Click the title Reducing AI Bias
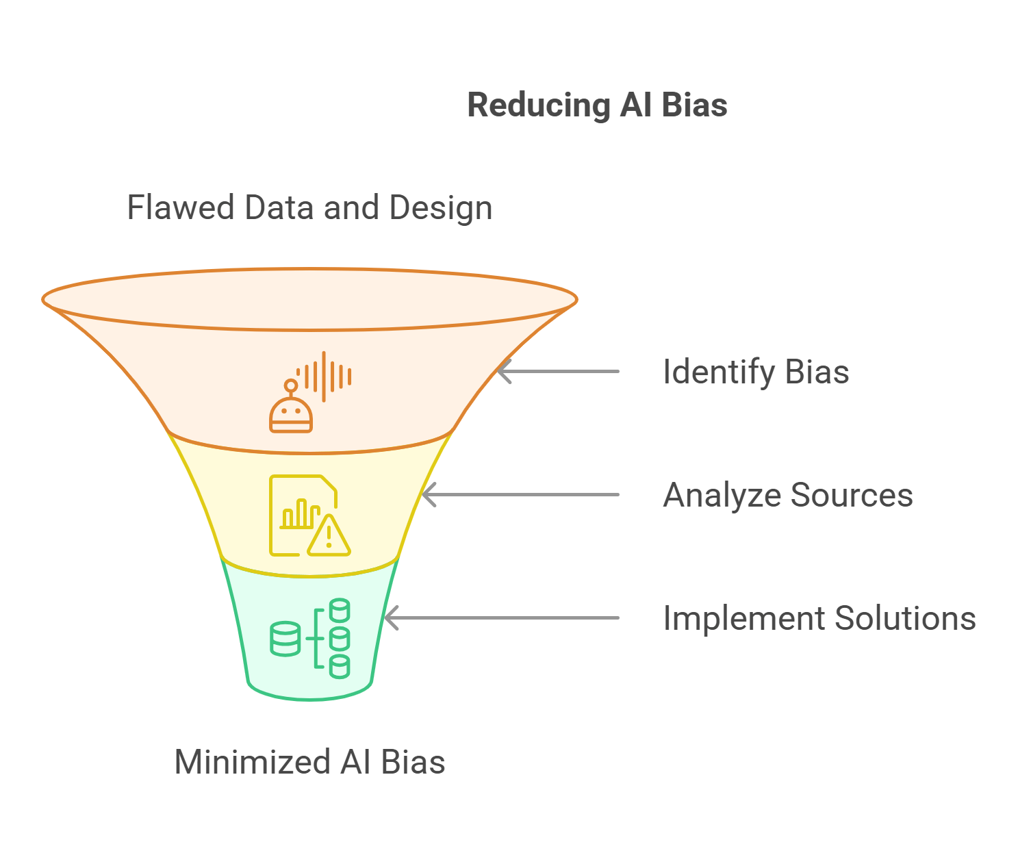coord(597,105)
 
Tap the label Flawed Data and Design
coord(309,207)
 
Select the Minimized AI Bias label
coord(309,762)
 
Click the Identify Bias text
coord(756,372)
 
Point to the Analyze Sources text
coord(788,495)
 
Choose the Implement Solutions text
coord(819,618)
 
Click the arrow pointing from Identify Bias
coord(557,372)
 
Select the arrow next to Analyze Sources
coord(520,495)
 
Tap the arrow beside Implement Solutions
coord(502,618)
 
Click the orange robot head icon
coord(291,415)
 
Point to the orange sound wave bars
coord(326,377)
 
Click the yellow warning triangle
coord(329,537)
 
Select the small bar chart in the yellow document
coord(301,514)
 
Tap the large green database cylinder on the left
coord(285,639)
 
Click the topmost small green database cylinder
coord(340,610)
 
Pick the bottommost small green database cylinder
coord(340,666)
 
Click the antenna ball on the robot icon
coord(291,385)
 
